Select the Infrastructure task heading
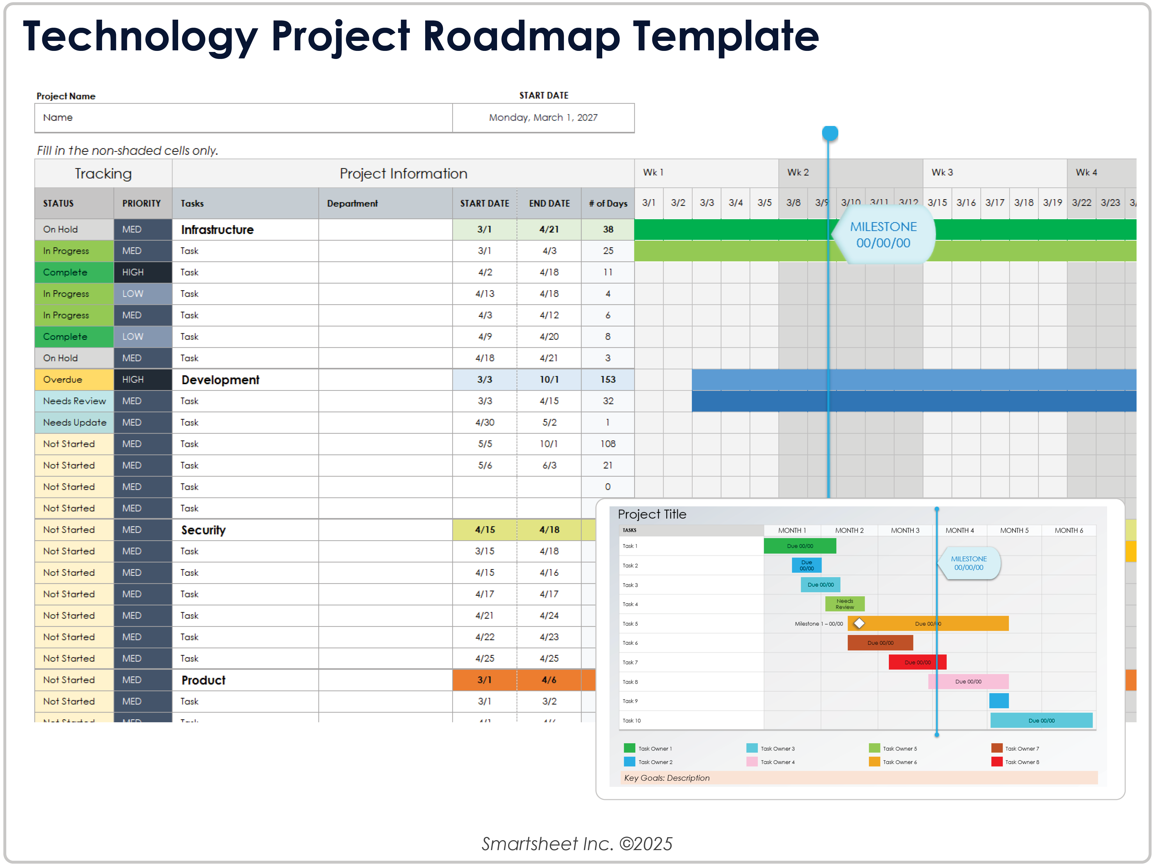217,230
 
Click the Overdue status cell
74,380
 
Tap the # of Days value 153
608,380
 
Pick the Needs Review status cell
74,401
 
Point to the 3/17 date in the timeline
995,203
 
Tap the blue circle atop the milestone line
830,133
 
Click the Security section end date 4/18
549,530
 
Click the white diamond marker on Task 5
859,623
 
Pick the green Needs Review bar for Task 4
844,604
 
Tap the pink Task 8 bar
968,682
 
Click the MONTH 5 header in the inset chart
1014,530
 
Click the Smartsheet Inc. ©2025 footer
577,844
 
